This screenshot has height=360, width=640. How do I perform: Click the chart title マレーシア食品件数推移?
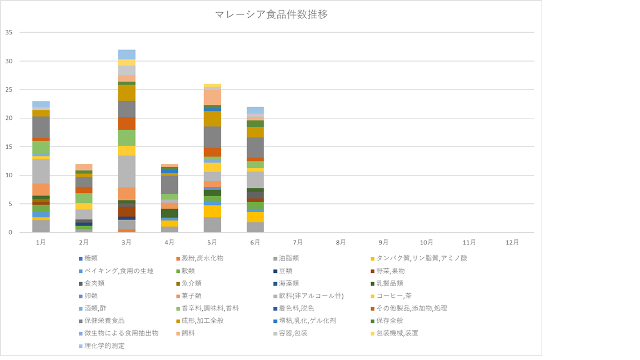point(271,14)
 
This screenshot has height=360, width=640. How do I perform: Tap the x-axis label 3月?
point(127,242)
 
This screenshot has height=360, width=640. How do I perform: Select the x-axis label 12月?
point(512,242)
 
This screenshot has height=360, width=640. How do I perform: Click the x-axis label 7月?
point(298,242)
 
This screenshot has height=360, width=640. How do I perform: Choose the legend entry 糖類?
point(96,258)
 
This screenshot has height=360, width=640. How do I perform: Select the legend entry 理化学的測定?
point(106,346)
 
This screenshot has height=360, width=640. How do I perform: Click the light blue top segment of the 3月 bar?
point(127,54)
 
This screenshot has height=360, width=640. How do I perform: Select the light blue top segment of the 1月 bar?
point(41,104)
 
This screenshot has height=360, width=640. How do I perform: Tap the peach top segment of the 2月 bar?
point(84,167)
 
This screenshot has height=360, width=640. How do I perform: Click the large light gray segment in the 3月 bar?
point(127,171)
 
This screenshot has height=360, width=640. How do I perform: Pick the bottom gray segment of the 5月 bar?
point(212,224)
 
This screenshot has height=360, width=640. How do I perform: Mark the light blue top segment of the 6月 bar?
point(255,110)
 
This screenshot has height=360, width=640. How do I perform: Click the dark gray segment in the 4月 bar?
point(169,184)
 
